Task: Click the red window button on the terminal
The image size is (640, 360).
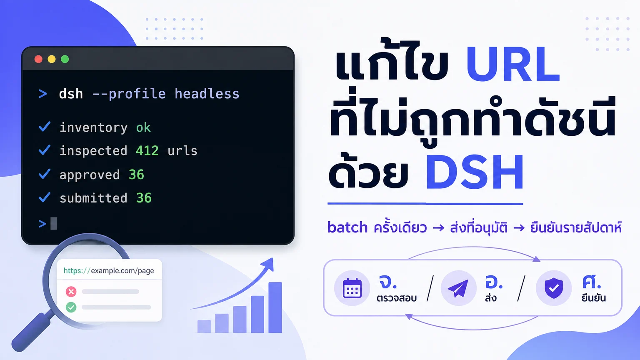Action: tap(38, 59)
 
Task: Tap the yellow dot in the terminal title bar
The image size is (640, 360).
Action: tap(51, 59)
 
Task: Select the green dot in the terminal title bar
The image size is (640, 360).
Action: tap(65, 59)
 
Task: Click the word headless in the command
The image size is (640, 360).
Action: tap(207, 94)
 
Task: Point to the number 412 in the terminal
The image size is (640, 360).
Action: tap(147, 150)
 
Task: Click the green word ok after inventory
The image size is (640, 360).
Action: tap(143, 127)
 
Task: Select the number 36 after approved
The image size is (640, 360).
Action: tap(136, 175)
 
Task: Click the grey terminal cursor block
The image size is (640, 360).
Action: tap(54, 223)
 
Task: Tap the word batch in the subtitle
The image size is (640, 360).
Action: tap(347, 228)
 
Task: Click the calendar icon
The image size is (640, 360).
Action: tap(352, 288)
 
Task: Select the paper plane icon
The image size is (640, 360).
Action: tap(458, 288)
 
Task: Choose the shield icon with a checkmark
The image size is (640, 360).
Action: tap(554, 288)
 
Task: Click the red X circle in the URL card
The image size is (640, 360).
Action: tap(71, 292)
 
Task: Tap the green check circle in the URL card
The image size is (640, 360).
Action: tap(71, 307)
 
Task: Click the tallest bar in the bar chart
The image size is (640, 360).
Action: tap(275, 307)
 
